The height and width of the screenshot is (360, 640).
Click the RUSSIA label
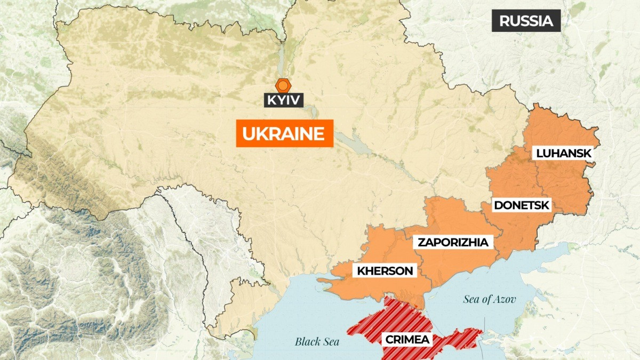[x=526, y=21]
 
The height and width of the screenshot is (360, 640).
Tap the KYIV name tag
[x=283, y=100]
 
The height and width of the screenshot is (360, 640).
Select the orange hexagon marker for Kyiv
[x=283, y=85]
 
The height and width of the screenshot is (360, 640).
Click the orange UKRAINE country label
[x=284, y=133]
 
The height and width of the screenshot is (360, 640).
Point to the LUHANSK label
[x=564, y=153]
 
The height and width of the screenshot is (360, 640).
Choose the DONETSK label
[x=522, y=205]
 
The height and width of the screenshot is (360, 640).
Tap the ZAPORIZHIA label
[x=453, y=242]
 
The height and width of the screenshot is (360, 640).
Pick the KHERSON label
[x=385, y=271]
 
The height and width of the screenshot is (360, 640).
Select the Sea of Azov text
[x=490, y=299]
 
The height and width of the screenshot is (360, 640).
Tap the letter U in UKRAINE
[x=248, y=133]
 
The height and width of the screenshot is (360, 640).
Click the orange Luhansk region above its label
[x=555, y=128]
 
